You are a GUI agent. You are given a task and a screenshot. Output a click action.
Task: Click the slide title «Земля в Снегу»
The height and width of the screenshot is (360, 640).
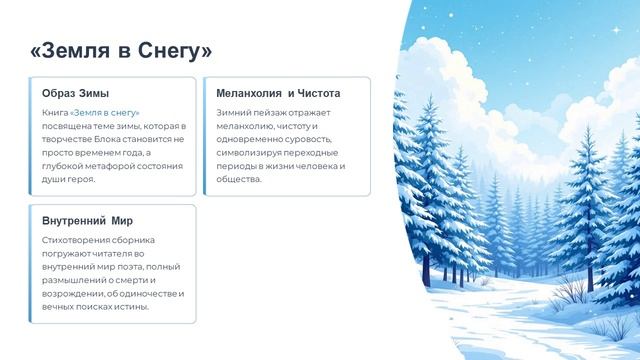tap(122, 49)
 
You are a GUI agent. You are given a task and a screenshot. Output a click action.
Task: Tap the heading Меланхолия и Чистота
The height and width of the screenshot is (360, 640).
tap(278, 93)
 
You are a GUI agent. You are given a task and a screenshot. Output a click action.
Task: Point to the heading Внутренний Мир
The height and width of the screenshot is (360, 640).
tap(88, 220)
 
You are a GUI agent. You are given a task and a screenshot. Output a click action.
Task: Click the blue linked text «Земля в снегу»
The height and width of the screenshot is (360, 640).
tap(105, 113)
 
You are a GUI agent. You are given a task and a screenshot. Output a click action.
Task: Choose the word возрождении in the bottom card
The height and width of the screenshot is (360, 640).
tap(76, 292)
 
